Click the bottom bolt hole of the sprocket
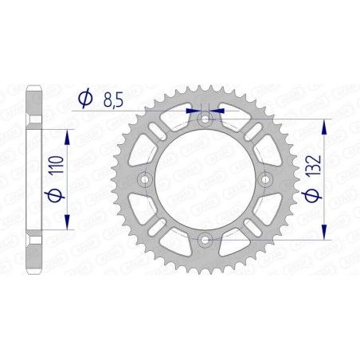click(205, 239)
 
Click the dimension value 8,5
click(112, 99)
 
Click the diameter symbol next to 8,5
click(82, 99)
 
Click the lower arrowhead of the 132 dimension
click(323, 233)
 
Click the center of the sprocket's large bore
click(205, 180)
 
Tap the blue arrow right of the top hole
click(221, 111)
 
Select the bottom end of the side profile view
click(33, 271)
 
